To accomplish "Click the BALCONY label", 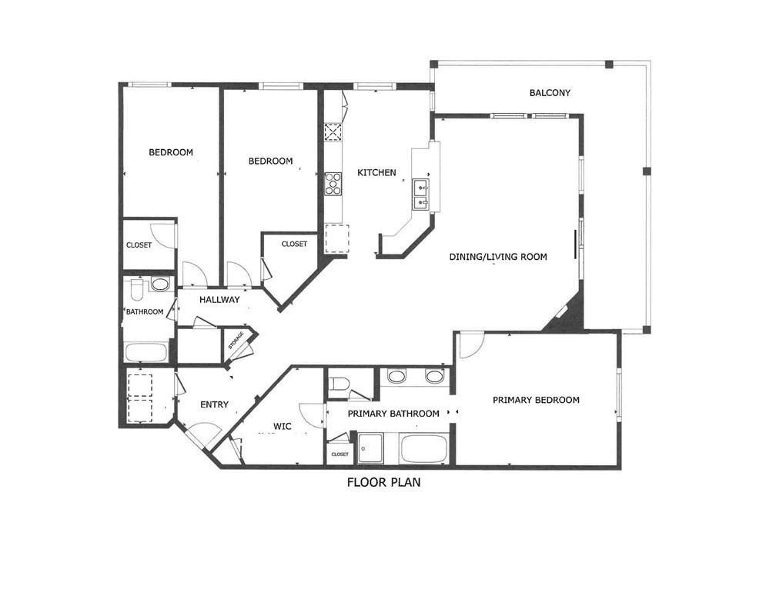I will coord(550,93).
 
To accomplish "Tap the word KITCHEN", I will coord(376,173).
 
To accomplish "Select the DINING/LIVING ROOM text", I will coord(498,257).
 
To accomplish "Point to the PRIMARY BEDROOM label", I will coord(536,400).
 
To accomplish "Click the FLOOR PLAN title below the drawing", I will coord(383,484).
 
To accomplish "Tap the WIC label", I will coord(283,426).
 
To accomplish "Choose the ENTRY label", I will coord(214,404).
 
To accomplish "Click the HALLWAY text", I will coord(219,300).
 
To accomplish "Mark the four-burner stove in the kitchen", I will coord(333,184).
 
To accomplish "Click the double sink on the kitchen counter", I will coord(421,195).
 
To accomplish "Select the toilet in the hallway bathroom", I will coord(139,288).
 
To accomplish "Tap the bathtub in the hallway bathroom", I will coord(146,353).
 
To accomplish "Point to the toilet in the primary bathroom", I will coord(339,382).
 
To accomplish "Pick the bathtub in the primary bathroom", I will coord(423,448).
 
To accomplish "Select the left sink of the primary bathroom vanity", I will coord(396,377).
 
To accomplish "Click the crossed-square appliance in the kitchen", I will coord(333,133).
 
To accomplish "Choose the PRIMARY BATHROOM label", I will coord(393,414).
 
